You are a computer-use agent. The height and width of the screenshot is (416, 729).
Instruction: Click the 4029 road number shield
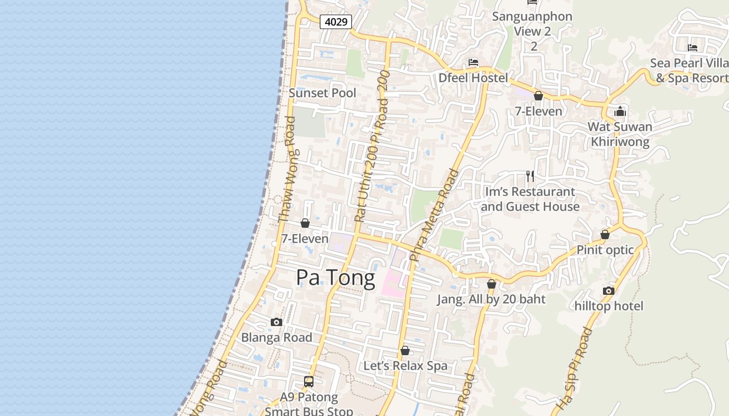[x=336, y=22]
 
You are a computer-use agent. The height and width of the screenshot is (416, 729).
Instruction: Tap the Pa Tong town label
[x=335, y=278]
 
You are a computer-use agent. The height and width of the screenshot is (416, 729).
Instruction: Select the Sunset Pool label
[x=322, y=93]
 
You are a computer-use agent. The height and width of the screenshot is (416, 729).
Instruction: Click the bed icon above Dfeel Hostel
[x=473, y=62]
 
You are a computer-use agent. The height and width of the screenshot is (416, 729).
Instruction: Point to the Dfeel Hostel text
[x=473, y=78]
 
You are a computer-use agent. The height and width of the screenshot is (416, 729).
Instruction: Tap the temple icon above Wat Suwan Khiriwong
[x=620, y=111]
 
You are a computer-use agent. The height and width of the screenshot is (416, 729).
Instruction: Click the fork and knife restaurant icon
[x=530, y=176]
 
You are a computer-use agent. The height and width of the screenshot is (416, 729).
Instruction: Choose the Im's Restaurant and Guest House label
[x=530, y=199]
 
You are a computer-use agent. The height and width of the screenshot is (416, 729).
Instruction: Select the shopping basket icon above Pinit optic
[x=605, y=235]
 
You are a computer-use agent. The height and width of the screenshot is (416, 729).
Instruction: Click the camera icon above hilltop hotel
[x=608, y=291]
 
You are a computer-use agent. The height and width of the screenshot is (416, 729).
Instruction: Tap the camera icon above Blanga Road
[x=276, y=322]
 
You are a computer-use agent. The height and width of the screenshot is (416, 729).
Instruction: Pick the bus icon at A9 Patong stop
[x=309, y=382]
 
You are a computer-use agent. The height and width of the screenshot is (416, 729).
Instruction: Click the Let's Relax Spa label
[x=405, y=366]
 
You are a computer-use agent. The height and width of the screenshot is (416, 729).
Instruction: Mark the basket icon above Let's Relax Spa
[x=405, y=350]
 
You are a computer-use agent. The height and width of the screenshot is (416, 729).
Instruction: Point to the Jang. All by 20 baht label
[x=491, y=299]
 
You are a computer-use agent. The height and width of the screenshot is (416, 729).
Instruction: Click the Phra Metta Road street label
[x=433, y=215]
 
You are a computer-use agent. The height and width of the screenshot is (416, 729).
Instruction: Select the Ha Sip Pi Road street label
[x=575, y=368]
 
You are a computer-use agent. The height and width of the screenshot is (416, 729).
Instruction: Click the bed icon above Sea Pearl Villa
[x=692, y=48]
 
